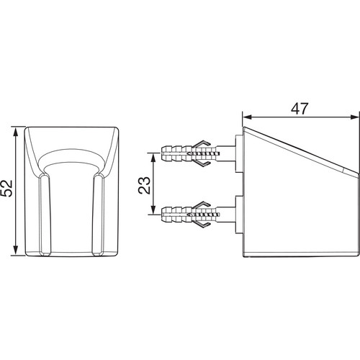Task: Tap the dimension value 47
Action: click(x=300, y=109)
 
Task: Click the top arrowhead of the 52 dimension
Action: click(x=16, y=132)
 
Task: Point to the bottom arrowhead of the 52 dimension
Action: click(x=16, y=250)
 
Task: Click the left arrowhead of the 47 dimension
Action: click(x=247, y=117)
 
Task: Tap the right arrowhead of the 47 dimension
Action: click(x=354, y=117)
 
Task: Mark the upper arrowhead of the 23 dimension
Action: click(x=153, y=158)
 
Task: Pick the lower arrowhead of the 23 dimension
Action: click(x=153, y=209)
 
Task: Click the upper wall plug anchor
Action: click(x=190, y=153)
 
